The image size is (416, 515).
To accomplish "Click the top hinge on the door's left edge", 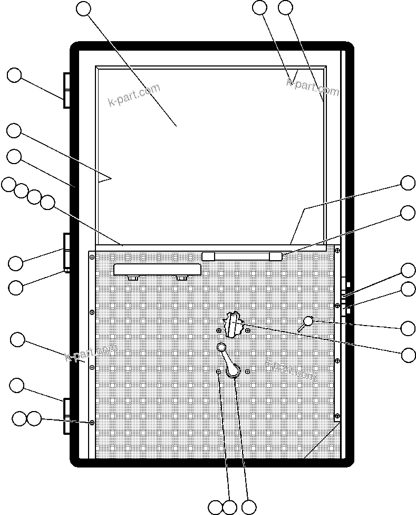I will [x=67, y=90].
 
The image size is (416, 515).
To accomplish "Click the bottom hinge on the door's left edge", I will [x=67, y=416].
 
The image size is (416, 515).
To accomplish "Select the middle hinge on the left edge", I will [x=67, y=252].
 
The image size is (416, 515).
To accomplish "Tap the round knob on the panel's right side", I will [x=309, y=321].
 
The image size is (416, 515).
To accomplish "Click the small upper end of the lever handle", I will [x=221, y=347].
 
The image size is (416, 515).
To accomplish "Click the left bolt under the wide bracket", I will [x=132, y=278].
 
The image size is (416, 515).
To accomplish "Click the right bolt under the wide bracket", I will [x=182, y=278].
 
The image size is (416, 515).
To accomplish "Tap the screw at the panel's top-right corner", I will [x=337, y=249].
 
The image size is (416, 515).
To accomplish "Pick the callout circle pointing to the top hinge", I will [x=14, y=75].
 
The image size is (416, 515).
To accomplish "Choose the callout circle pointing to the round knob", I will [x=408, y=328].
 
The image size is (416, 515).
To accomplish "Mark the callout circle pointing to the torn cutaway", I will [x=408, y=355].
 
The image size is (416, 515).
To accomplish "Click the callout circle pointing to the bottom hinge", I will [x=17, y=385].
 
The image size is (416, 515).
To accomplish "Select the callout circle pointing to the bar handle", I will [x=408, y=213].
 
